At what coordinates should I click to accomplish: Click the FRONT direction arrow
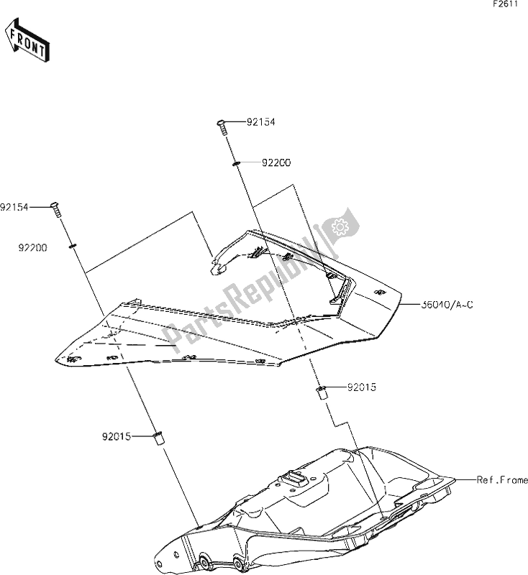(x=27, y=41)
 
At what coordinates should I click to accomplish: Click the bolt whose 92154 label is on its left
(x=54, y=209)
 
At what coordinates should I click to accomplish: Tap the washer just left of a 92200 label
(x=237, y=164)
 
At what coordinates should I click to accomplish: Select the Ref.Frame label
(x=502, y=479)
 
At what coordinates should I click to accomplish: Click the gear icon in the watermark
(x=337, y=227)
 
